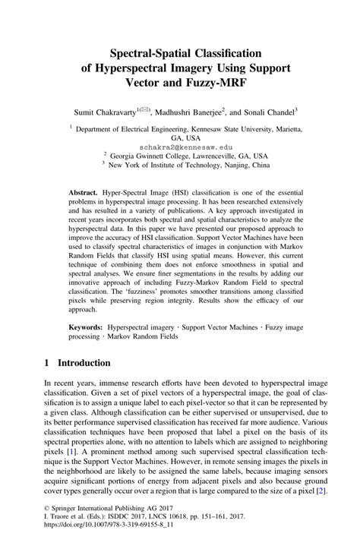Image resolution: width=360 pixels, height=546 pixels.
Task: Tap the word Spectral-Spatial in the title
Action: tap(134, 52)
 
